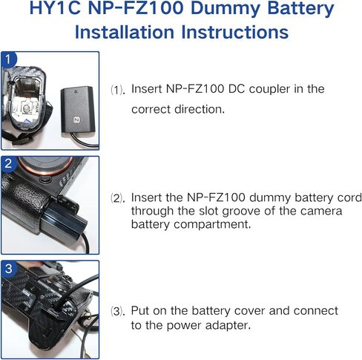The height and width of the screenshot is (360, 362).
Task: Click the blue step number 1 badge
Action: [8, 59]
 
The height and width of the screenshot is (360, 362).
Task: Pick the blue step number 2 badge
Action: [8, 163]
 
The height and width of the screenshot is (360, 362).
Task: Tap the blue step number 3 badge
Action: [8, 267]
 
